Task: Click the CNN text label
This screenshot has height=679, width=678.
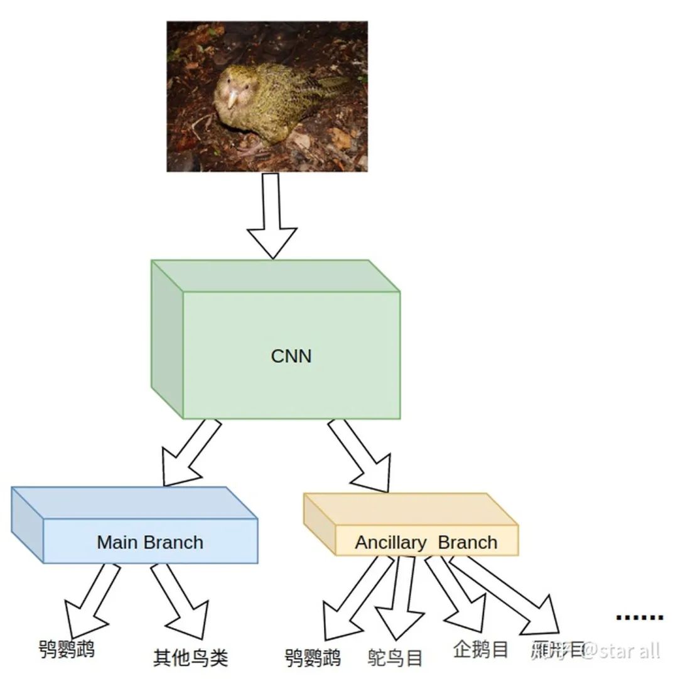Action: click(291, 356)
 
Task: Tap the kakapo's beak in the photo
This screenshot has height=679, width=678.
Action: click(233, 97)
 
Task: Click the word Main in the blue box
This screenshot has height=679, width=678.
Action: click(117, 542)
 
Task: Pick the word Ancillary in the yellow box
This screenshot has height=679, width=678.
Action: click(390, 543)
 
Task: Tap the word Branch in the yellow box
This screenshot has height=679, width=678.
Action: click(468, 543)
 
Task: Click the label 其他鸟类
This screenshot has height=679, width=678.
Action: click(190, 658)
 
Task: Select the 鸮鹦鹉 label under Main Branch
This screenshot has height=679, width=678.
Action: click(67, 649)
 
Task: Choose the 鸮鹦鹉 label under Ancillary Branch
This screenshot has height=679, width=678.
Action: click(313, 658)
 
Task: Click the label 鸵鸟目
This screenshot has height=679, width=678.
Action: click(395, 658)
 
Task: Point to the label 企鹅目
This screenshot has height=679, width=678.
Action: click(480, 649)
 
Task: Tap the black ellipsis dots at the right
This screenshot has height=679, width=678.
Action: click(639, 618)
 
